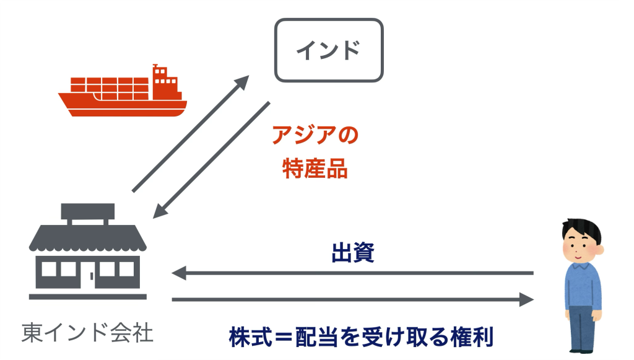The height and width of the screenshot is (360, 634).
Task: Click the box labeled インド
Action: (329, 50)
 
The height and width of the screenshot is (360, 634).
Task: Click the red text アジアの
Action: (316, 136)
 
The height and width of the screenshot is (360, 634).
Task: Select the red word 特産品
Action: (315, 169)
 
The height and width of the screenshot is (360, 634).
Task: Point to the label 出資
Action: (352, 253)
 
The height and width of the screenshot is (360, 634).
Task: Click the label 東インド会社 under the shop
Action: (87, 333)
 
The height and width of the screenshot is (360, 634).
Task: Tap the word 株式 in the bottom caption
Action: (251, 338)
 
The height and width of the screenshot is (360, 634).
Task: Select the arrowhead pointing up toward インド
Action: (243, 81)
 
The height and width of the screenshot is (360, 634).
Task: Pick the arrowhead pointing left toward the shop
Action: (178, 273)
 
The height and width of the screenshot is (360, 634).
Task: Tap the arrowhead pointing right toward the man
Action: (526, 300)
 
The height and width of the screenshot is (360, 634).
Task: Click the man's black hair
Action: (580, 228)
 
